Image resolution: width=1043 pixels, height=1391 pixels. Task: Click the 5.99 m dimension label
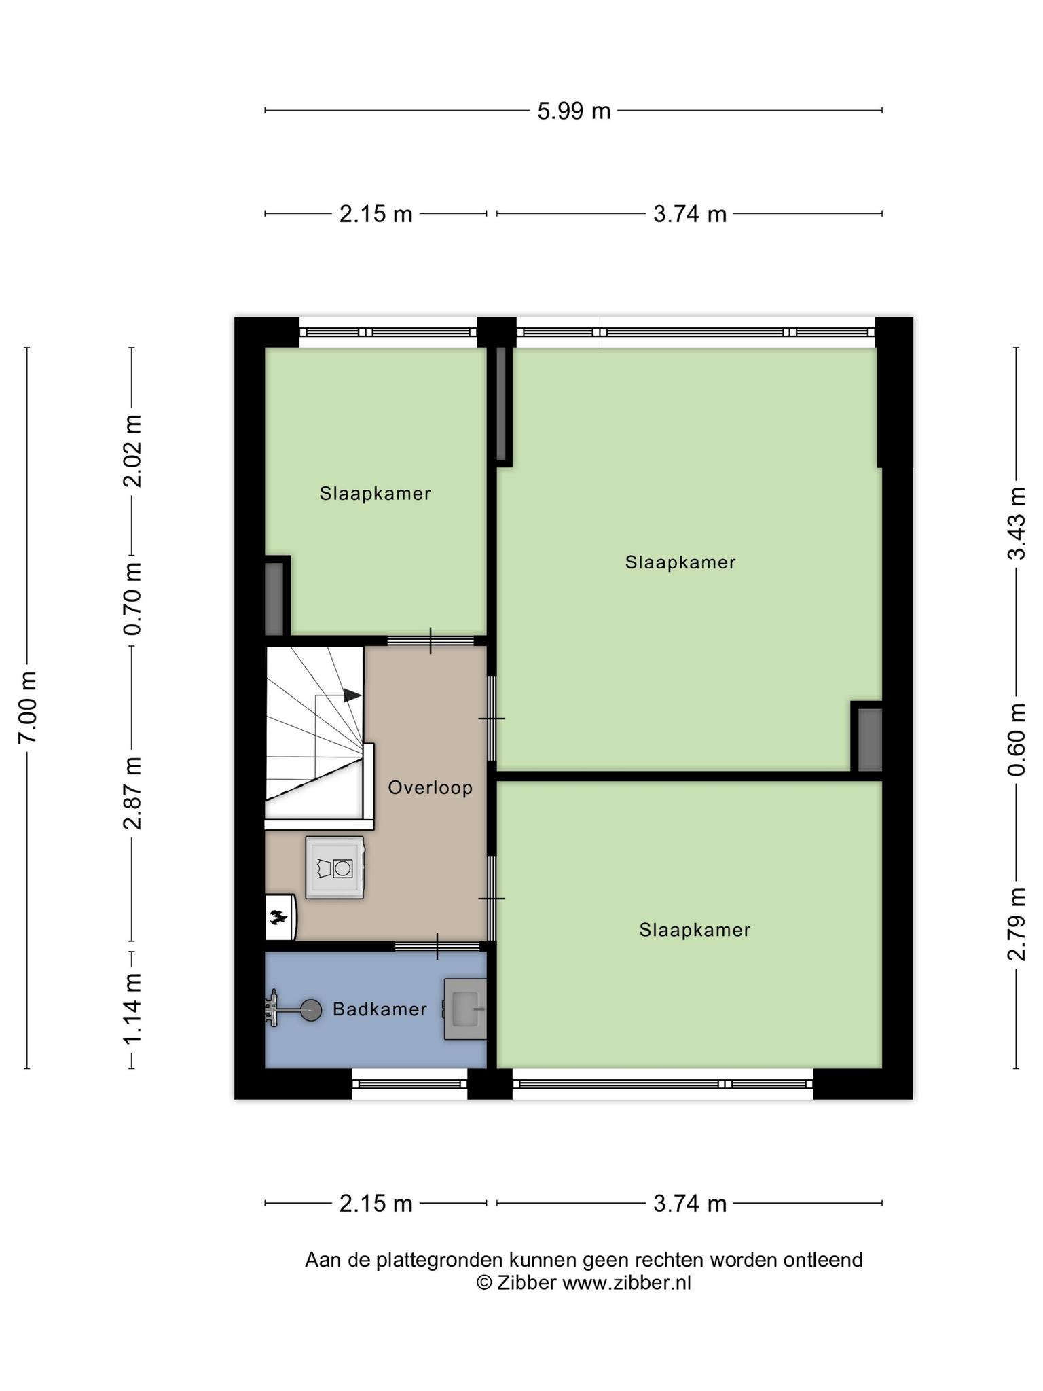[x=574, y=111]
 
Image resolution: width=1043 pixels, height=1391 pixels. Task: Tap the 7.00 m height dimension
[x=28, y=707]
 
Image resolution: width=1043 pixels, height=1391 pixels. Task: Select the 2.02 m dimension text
[x=132, y=451]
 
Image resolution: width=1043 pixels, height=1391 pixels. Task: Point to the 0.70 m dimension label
[x=132, y=598]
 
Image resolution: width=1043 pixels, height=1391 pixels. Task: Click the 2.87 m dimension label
[x=132, y=793]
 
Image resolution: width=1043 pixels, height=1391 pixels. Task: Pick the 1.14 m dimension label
[x=132, y=1009]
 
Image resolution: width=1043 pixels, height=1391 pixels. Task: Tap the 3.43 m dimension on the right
[x=1017, y=523]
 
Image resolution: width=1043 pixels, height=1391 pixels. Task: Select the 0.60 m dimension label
[x=1017, y=740]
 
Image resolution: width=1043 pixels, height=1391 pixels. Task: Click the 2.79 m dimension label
[x=1017, y=924]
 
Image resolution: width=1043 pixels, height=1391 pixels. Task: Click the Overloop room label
[x=430, y=788]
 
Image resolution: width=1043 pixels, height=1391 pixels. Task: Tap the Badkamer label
[x=380, y=1009]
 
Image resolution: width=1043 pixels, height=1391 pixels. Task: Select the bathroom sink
[x=466, y=1009]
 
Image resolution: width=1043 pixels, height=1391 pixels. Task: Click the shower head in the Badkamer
[x=312, y=1011]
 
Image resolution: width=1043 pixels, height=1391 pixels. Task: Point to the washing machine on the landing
[x=335, y=867]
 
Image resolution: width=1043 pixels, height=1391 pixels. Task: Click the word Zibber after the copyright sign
[x=526, y=1283]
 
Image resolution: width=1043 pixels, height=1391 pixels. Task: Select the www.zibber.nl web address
[x=627, y=1283]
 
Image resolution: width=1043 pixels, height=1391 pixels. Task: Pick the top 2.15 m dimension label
[x=376, y=214]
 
